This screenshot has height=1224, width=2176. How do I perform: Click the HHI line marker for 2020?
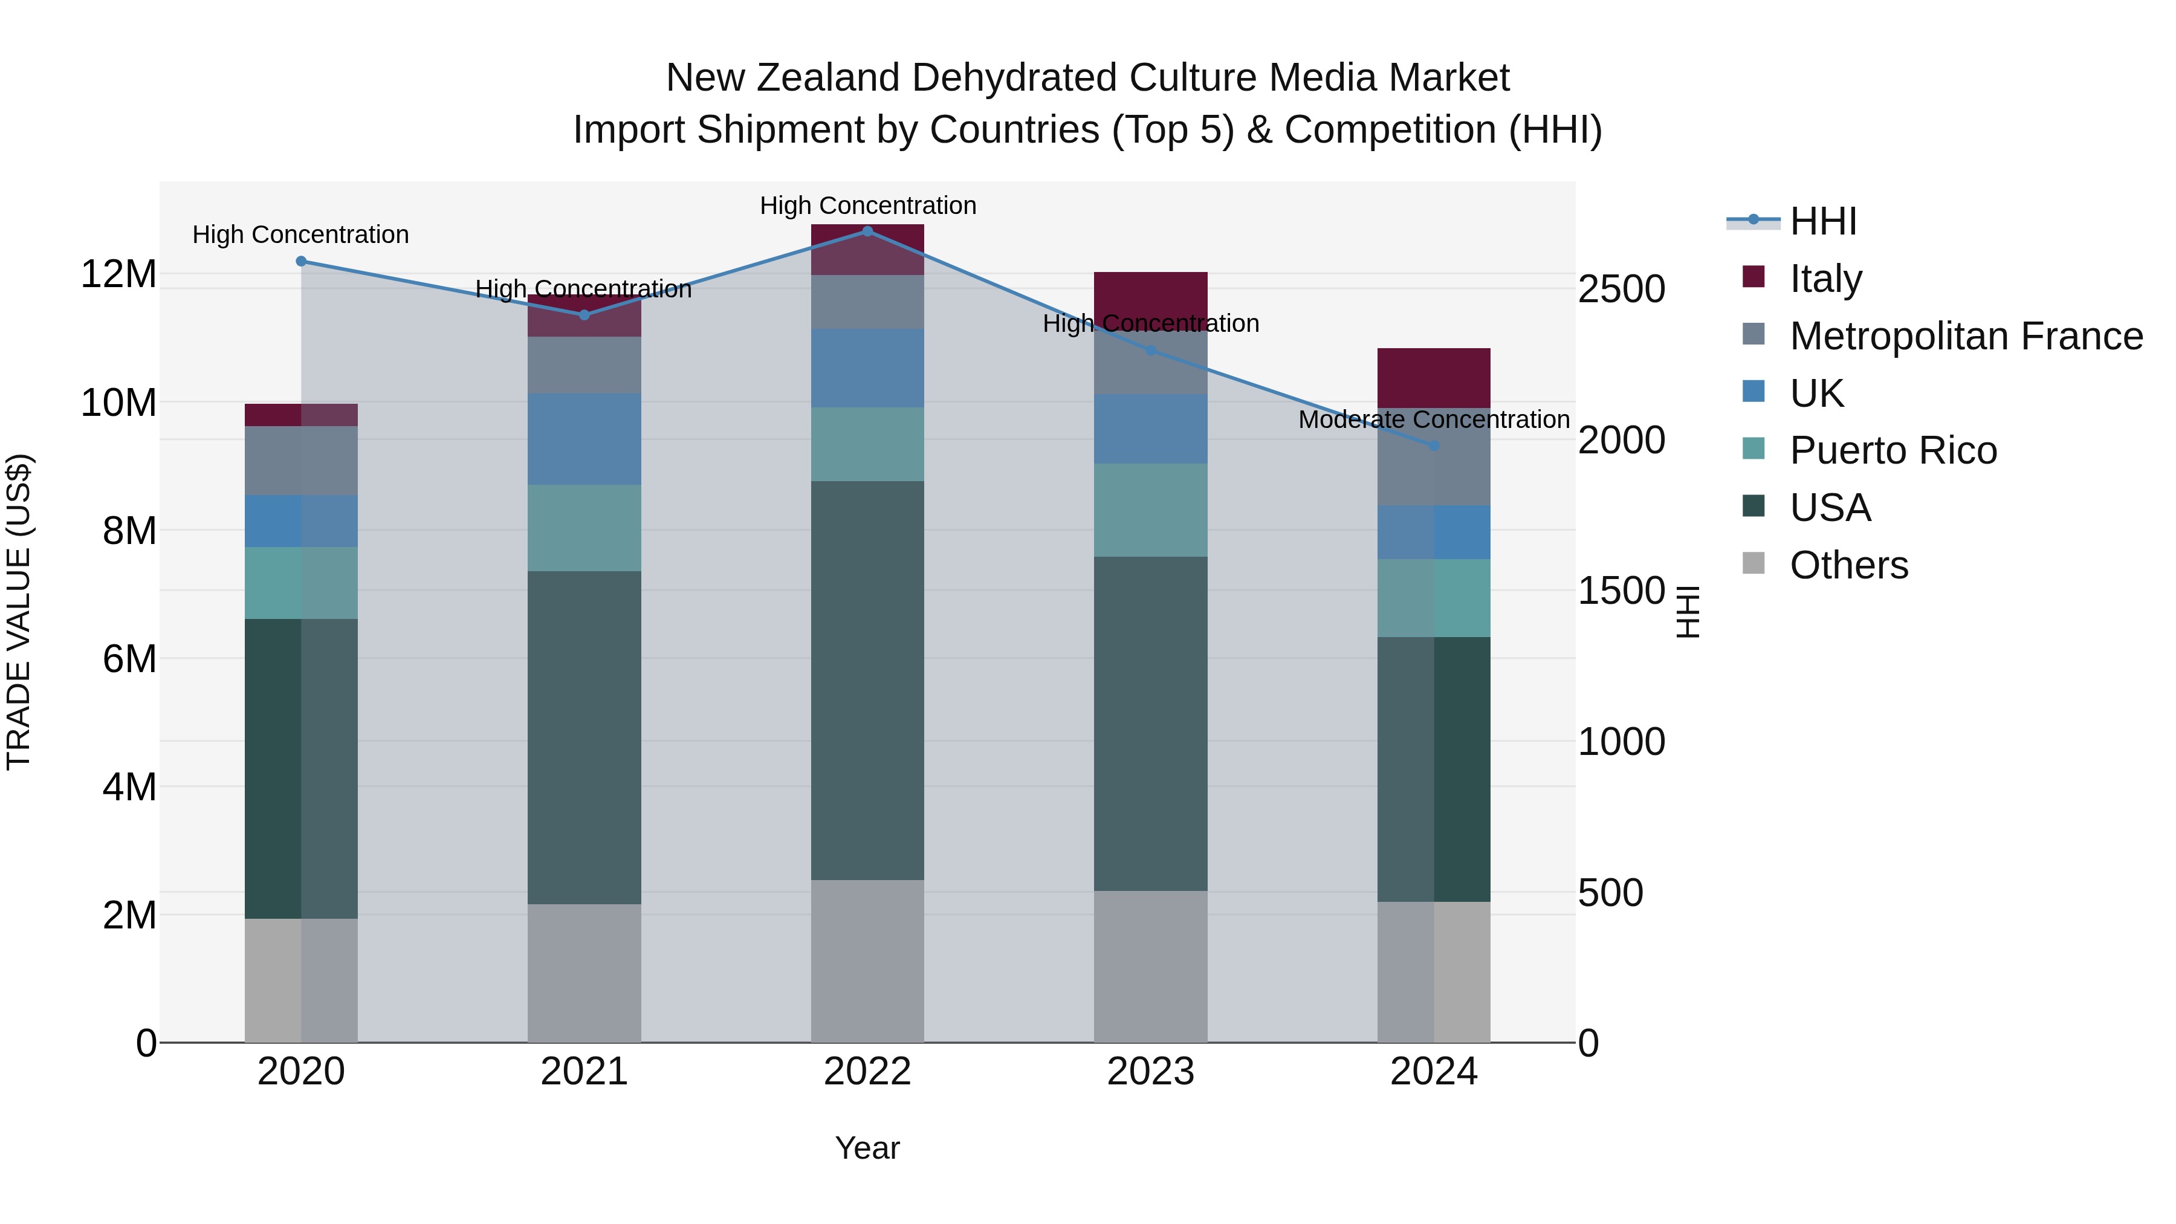(302, 261)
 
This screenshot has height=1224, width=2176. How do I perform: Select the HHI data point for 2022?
(867, 231)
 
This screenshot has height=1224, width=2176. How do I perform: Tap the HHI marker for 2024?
(1434, 445)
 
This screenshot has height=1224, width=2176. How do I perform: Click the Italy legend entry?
(1825, 279)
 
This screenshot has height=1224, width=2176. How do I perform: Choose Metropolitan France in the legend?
(1966, 336)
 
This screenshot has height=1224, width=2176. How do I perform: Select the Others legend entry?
(1848, 565)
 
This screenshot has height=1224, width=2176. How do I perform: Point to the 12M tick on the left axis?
(118, 274)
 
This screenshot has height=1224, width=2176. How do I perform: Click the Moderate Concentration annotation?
(1434, 420)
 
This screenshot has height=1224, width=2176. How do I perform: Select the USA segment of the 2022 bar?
(867, 680)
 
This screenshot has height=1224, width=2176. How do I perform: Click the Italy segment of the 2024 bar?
(1434, 378)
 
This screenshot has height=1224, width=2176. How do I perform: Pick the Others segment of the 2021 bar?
(584, 973)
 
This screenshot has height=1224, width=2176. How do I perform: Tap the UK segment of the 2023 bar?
(1150, 429)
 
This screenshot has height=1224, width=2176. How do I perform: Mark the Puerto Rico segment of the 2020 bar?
(302, 583)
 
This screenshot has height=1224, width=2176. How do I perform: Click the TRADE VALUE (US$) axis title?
(19, 612)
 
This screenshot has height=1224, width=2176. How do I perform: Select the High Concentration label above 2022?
(867, 206)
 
